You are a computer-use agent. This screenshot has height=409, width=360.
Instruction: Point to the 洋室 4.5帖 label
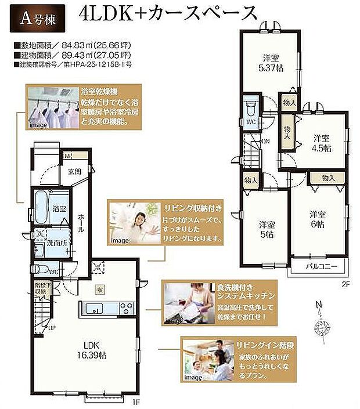coord(322,142)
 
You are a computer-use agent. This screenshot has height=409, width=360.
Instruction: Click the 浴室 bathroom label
coord(59,207)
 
